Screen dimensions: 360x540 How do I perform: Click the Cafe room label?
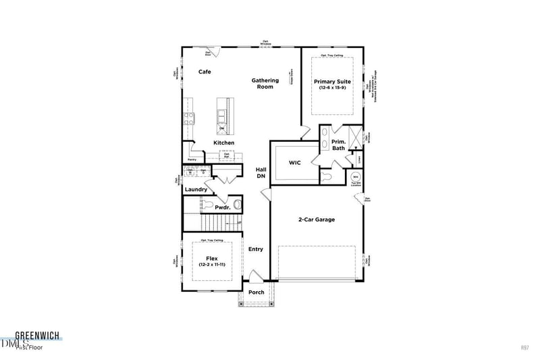click(x=206, y=72)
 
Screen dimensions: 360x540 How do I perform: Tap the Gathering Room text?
click(x=265, y=84)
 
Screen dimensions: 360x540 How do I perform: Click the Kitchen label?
click(x=224, y=143)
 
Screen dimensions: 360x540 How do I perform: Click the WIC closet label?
click(x=294, y=163)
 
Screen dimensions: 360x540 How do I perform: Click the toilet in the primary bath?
click(x=327, y=176)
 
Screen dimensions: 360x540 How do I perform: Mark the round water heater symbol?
click(x=355, y=178)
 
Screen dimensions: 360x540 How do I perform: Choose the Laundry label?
click(x=196, y=190)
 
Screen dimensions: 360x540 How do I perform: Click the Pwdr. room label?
click(x=223, y=208)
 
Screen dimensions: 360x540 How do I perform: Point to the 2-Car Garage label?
click(x=317, y=220)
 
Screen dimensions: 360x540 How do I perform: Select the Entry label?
click(x=256, y=249)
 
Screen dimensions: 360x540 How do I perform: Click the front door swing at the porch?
click(x=255, y=276)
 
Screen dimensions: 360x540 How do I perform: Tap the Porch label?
click(x=256, y=292)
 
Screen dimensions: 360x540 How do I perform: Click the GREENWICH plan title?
click(x=37, y=334)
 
